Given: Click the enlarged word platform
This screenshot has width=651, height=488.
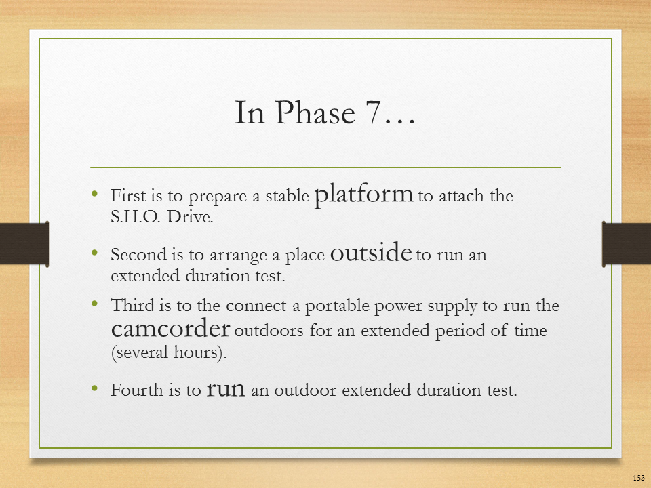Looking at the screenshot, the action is (x=363, y=195).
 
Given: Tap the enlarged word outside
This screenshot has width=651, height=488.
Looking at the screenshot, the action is (x=371, y=252).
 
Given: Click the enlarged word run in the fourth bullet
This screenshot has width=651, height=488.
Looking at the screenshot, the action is (x=226, y=389).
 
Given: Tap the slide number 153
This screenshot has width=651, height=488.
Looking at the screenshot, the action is (x=639, y=478).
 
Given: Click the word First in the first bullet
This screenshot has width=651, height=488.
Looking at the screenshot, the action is (x=128, y=195).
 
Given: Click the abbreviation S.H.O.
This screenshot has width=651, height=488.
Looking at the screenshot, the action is (x=136, y=217).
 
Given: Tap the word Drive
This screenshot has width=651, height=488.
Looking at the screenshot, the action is (x=190, y=217).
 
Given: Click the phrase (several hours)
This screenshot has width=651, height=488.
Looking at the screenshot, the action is (x=169, y=352).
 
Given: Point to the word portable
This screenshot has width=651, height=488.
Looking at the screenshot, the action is (x=337, y=306).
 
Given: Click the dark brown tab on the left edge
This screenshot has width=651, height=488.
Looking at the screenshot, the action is (x=24, y=243).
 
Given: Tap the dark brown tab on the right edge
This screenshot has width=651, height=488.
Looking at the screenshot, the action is (x=627, y=243).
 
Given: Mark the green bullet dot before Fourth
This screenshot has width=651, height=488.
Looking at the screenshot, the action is (x=95, y=388).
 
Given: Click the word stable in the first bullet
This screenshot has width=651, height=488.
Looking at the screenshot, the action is (x=287, y=195).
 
